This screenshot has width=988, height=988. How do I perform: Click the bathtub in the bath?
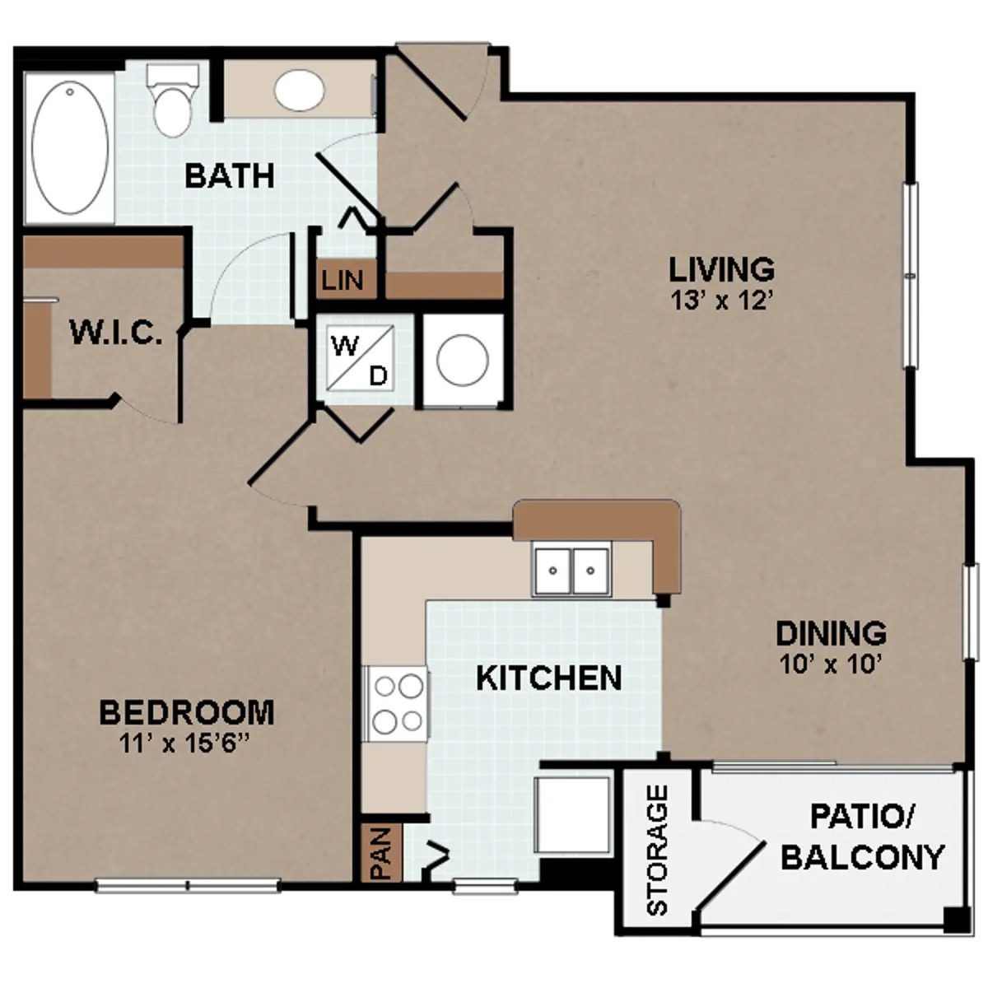[x=70, y=147]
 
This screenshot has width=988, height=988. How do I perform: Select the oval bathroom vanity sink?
[x=300, y=91]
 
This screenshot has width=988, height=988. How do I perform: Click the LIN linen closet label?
[x=343, y=280]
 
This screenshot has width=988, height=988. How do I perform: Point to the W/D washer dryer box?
[x=362, y=358]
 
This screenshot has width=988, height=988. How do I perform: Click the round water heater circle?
[x=463, y=360]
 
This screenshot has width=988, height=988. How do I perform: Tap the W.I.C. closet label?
[x=116, y=333]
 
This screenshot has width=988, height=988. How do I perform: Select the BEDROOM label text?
[x=187, y=713]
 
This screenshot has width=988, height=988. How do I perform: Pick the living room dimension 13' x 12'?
[x=722, y=300]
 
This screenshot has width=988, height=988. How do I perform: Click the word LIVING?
[x=722, y=269]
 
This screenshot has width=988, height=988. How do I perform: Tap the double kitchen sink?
[x=571, y=571]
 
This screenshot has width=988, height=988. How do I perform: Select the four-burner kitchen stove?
[x=395, y=703]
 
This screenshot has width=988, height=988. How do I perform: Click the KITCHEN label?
[x=549, y=678]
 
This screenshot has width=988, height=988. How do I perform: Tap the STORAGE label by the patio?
[x=658, y=851]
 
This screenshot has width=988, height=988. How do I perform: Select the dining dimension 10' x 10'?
[x=831, y=665]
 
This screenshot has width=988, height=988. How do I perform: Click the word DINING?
[x=831, y=633]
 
